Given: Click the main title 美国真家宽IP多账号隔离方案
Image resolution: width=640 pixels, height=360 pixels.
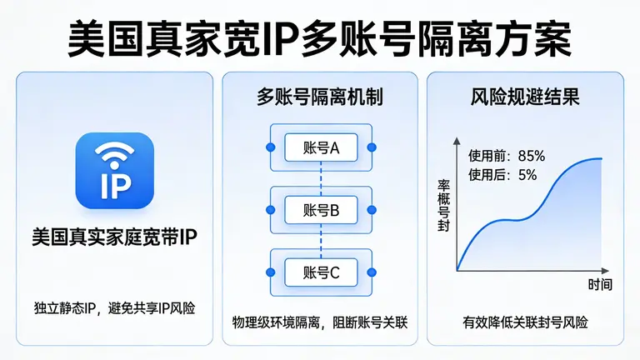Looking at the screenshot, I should (x=320, y=37).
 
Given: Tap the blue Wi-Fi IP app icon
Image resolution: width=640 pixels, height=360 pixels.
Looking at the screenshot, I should (x=114, y=171).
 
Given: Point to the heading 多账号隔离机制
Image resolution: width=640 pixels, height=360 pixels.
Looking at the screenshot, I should (x=320, y=97).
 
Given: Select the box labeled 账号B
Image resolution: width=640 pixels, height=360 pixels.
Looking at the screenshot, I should (x=321, y=209).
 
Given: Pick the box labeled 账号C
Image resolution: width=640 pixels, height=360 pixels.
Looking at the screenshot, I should (x=321, y=272).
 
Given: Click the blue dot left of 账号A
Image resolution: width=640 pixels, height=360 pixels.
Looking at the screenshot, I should (x=269, y=147).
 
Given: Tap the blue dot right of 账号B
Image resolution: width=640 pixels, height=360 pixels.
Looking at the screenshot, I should (x=372, y=209).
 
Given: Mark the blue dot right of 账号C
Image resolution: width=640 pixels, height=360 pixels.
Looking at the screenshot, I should (x=372, y=272).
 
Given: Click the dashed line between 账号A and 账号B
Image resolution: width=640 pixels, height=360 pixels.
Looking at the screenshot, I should (x=321, y=178).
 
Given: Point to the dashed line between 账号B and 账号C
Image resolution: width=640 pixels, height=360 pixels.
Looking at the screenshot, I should (x=321, y=241).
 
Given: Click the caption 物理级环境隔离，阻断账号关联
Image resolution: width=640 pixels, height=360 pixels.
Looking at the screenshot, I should (x=320, y=322).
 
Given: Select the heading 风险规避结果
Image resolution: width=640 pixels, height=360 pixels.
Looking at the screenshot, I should (x=525, y=97).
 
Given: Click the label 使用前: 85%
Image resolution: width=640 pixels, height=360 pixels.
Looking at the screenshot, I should (x=506, y=156).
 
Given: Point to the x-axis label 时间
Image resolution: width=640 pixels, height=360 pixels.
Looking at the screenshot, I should (x=600, y=285).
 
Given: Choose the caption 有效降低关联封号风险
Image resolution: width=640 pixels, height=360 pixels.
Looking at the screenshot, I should (x=525, y=322).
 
